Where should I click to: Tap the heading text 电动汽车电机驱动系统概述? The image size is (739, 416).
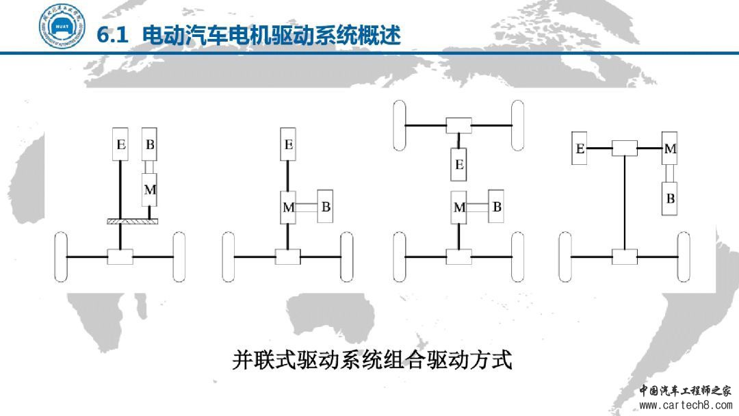272,35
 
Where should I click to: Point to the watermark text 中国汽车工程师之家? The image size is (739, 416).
685,391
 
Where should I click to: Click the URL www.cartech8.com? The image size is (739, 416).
685,406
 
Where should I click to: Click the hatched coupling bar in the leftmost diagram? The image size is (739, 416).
132,221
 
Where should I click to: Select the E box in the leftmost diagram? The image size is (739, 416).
121,144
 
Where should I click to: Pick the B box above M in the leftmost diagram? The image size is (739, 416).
150,144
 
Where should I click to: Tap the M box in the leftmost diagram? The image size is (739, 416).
150,190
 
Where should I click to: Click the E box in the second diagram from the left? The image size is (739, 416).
288,144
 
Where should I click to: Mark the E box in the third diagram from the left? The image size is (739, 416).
458,164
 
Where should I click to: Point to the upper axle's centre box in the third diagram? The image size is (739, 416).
458,125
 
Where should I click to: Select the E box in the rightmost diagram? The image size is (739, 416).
580,148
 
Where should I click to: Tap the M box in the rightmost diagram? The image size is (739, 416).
671,148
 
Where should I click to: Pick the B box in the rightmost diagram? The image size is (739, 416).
671,199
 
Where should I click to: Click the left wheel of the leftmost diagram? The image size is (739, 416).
61,257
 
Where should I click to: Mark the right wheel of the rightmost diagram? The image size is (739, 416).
684,257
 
